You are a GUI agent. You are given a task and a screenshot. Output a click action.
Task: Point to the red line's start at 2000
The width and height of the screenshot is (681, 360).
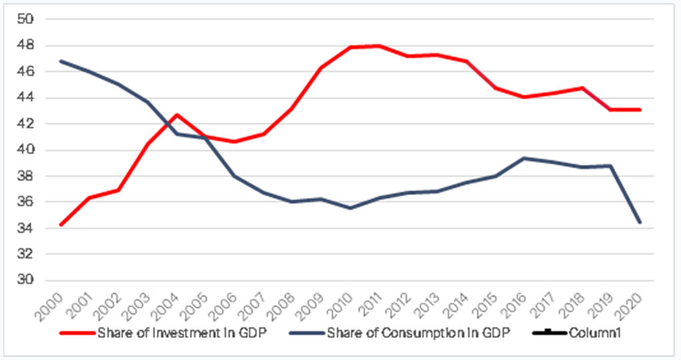tap(61, 225)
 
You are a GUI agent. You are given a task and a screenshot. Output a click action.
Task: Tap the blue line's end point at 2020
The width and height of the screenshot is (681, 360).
tap(639, 222)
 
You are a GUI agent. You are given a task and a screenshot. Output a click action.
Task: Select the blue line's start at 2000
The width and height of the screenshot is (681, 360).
tap(61, 61)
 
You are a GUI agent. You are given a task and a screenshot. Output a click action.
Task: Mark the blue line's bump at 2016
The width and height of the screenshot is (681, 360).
tap(524, 158)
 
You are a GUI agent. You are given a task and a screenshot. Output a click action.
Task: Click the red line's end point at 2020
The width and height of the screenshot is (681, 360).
tap(639, 110)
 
